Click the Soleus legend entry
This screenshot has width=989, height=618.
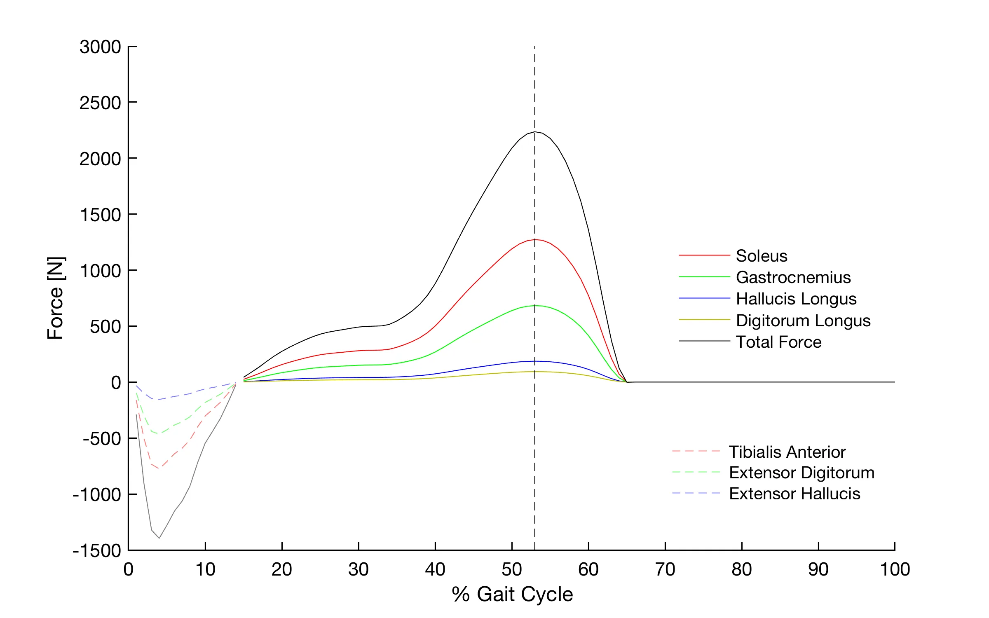(x=762, y=256)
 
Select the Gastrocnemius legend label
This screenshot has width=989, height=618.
(x=793, y=277)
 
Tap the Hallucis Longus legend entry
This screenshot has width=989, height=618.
(x=796, y=299)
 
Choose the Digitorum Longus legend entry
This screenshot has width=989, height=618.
(x=803, y=321)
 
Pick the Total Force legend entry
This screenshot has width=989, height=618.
(x=779, y=342)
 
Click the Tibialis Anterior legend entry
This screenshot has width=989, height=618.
(x=787, y=452)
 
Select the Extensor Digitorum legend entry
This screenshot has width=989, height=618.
(x=802, y=473)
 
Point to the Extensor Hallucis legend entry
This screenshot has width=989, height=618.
(x=794, y=494)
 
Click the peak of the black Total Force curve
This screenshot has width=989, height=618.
(x=535, y=132)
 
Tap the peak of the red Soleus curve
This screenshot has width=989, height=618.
(x=535, y=239)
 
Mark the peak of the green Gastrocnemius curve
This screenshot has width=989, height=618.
(x=535, y=306)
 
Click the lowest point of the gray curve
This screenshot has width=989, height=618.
(x=159, y=538)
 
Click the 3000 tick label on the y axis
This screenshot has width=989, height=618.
(x=100, y=47)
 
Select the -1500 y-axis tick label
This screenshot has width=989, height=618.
(x=97, y=551)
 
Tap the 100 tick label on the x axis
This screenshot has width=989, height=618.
(x=895, y=570)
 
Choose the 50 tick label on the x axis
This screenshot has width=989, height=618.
(x=512, y=570)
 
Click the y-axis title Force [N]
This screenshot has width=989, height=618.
(x=56, y=298)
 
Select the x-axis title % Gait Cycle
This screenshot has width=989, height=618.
(x=512, y=595)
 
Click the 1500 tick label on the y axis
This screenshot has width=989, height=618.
(x=100, y=215)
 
